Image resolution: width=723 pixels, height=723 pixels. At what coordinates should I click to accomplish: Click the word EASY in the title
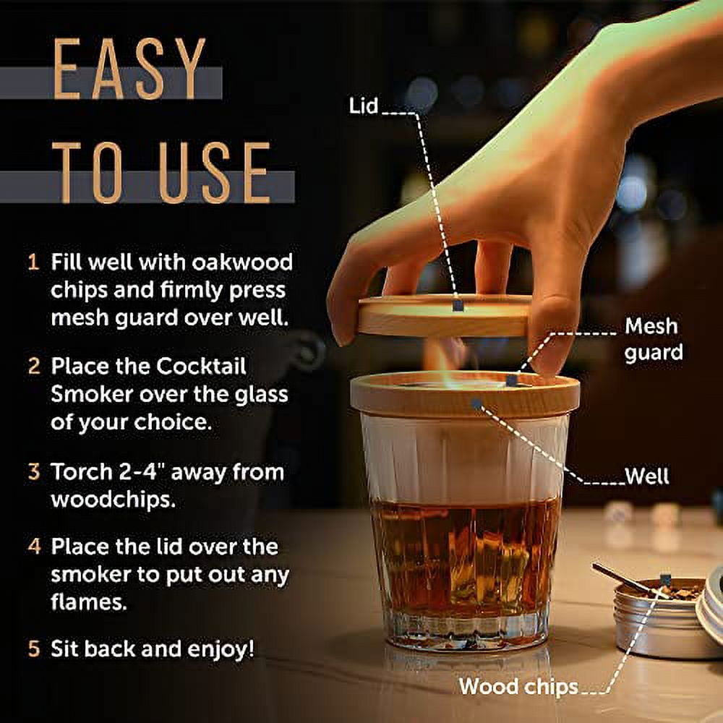point(129,69)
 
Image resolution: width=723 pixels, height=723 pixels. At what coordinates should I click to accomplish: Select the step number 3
point(34,471)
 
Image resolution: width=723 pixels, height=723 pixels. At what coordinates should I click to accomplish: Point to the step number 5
point(34,649)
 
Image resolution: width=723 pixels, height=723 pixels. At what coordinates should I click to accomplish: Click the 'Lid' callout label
point(364,106)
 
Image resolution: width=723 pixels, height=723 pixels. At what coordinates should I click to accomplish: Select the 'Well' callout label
point(647,476)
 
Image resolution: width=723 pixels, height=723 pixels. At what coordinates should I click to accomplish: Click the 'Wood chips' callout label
point(518,687)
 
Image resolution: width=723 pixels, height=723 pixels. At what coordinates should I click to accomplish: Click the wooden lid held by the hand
point(444,315)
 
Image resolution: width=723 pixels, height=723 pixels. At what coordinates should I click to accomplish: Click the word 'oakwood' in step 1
point(242,262)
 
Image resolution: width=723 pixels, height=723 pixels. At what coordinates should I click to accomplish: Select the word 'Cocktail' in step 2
point(200,366)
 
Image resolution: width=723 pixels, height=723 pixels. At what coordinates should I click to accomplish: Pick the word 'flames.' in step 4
point(88,602)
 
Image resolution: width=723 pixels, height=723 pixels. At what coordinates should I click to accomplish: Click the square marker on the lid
point(458,305)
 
